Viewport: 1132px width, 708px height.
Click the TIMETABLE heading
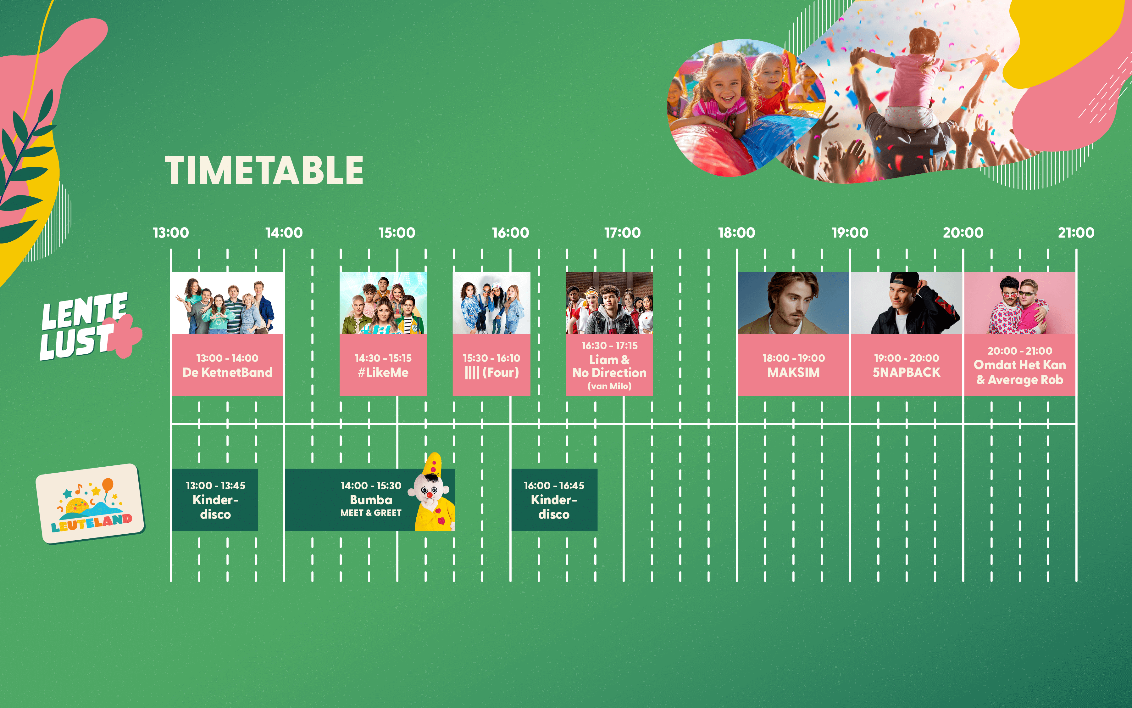click(x=264, y=171)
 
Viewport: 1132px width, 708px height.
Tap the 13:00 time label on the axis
click(x=171, y=233)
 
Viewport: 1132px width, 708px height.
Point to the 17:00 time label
click(x=623, y=233)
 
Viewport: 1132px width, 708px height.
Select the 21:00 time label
click(x=1076, y=233)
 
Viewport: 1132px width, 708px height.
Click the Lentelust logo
click(x=89, y=326)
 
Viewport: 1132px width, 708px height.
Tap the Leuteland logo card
click(x=90, y=503)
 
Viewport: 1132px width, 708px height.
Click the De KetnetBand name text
click(x=227, y=373)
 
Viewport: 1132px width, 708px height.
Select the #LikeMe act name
click(x=383, y=373)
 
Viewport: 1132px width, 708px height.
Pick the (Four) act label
click(x=501, y=373)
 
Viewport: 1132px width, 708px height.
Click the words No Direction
click(x=609, y=373)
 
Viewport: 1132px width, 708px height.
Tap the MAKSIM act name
click(x=793, y=373)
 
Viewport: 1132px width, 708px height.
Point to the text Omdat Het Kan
click(x=1020, y=365)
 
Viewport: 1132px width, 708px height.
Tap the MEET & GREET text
click(x=371, y=513)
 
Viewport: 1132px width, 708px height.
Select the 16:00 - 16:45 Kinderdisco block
click(x=554, y=500)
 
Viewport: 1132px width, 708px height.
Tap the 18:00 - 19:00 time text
click(x=793, y=358)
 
